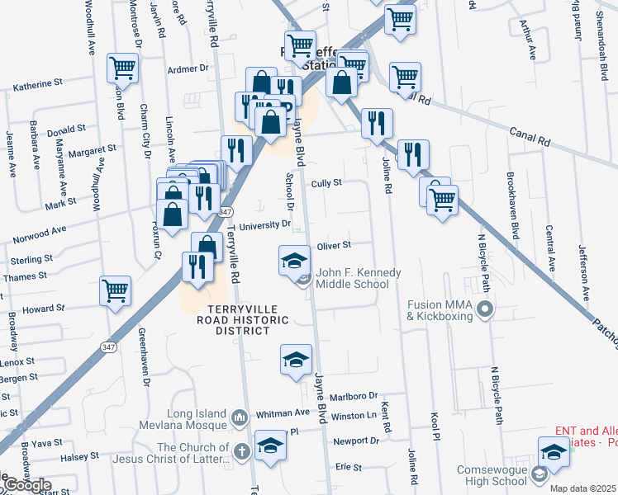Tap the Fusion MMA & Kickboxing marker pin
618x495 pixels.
tap(485, 310)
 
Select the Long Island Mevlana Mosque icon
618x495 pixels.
tap(240, 417)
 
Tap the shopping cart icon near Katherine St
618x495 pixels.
tap(122, 67)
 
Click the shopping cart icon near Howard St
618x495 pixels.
tap(115, 290)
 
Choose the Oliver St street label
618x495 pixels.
tap(335, 245)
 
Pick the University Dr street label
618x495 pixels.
tap(264, 224)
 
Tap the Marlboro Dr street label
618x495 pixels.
tap(354, 396)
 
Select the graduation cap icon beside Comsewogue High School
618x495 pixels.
tap(553, 451)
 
